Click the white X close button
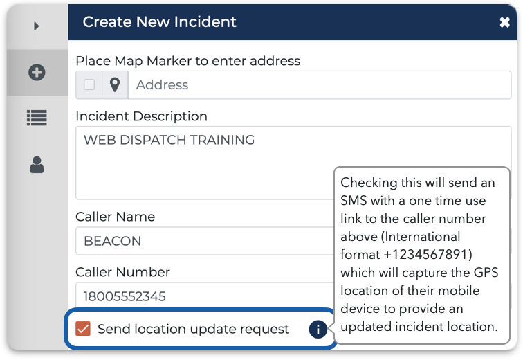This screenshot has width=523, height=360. [504, 22]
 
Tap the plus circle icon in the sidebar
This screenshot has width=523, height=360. [37, 72]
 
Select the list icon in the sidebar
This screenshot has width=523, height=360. [37, 118]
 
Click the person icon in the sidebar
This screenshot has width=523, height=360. [37, 165]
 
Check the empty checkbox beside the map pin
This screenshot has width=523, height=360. [89, 84]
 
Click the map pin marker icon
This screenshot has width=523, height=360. [115, 84]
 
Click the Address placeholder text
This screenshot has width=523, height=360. [162, 85]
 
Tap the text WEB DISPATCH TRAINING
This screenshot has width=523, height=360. [169, 140]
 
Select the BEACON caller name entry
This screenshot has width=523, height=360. [112, 241]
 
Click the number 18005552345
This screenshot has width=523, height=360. [125, 296]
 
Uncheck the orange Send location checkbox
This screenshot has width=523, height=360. [83, 329]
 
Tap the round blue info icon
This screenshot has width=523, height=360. [318, 330]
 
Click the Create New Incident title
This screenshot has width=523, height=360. [159, 22]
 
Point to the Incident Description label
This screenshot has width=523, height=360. [141, 116]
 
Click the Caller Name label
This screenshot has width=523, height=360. [116, 217]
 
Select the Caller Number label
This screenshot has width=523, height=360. [122, 272]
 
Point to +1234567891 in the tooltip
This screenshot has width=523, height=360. [428, 255]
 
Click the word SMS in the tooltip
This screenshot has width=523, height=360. [354, 201]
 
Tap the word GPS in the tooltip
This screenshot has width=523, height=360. [486, 273]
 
